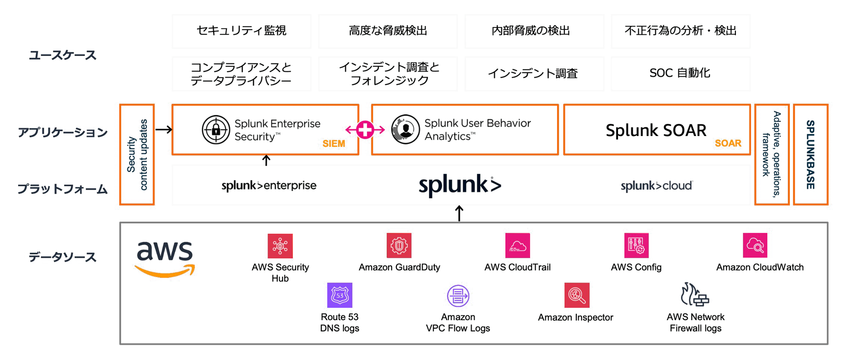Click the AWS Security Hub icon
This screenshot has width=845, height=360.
coord(280,246)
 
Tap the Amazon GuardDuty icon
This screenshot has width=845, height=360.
coord(399,246)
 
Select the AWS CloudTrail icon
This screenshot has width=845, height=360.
coord(517,246)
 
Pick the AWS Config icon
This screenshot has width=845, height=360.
coord(636,246)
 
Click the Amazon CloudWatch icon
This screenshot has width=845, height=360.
coord(755,246)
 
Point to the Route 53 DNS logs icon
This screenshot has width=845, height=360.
coord(339,295)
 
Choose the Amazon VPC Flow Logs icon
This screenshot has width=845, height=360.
coord(458,296)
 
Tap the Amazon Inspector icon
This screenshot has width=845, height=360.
coord(577,295)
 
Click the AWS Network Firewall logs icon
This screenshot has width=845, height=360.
coord(695,295)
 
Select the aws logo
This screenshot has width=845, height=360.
coord(165,258)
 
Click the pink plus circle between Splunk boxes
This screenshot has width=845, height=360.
coord(365,130)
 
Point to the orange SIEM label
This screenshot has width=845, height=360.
coord(334,144)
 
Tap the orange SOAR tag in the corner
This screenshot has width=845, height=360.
coord(728,143)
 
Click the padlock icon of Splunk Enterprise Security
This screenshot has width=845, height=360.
coord(216,130)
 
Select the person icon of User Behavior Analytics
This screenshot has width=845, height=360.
coord(405,130)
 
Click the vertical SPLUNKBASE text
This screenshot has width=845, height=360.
coord(811,154)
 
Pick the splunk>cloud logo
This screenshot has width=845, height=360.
coord(656,186)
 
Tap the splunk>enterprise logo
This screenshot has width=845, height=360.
coord(269,186)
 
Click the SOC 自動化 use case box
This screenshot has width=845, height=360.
coord(680,73)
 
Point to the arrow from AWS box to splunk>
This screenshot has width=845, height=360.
coord(459,214)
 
